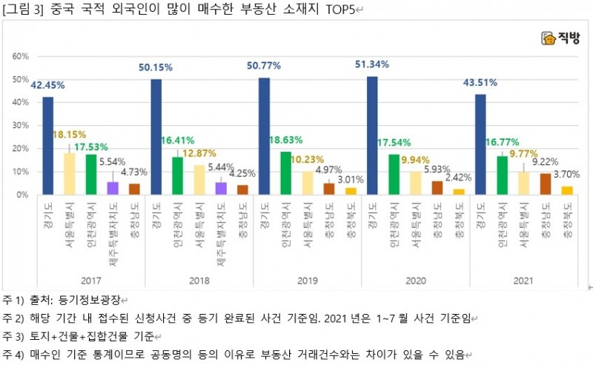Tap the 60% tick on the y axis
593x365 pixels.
coord(20,57)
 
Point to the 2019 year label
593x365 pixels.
coord(307,281)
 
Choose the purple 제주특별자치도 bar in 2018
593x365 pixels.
coord(221,188)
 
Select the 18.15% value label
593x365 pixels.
coord(70,135)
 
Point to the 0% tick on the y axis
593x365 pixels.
coord(22,195)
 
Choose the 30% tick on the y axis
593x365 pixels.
coord(20,126)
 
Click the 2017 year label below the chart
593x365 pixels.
coord(90,281)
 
